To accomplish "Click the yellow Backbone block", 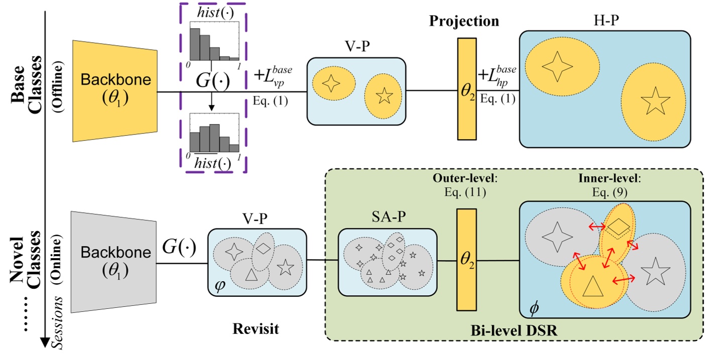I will tap(115, 92).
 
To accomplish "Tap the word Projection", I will tap(463, 21).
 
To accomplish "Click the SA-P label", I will tap(386, 219).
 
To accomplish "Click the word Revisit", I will tap(256, 329).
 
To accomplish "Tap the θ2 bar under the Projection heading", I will tap(466, 88).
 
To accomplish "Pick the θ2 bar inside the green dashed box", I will tap(466, 260).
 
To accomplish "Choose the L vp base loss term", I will tap(274, 76).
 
